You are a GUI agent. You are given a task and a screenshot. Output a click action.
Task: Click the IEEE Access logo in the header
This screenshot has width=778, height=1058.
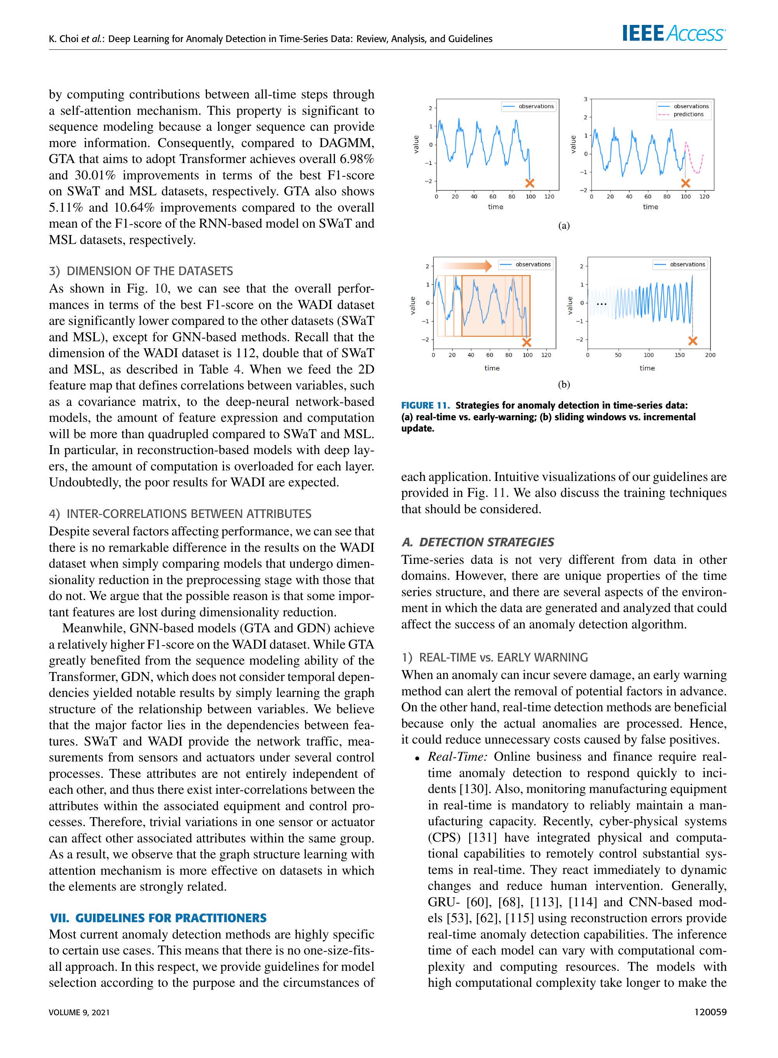673,33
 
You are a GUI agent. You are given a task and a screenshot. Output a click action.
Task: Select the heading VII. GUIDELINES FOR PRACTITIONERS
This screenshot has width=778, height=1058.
158,918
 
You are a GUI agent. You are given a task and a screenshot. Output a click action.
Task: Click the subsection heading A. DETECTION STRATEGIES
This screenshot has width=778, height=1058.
478,542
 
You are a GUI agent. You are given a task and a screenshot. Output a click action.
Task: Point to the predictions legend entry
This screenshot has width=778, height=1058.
688,114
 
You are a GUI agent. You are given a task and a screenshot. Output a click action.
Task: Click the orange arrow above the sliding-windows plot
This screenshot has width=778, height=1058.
466,266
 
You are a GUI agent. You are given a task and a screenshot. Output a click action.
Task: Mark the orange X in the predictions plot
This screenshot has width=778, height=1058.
685,183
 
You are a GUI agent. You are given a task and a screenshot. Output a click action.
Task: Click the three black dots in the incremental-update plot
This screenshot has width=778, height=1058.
601,304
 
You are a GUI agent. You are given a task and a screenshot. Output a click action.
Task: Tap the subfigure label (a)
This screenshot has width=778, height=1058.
564,226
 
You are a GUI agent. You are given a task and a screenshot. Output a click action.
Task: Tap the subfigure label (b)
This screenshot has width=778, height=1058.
564,384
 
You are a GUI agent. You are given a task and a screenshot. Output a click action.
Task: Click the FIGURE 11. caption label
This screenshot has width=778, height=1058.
425,405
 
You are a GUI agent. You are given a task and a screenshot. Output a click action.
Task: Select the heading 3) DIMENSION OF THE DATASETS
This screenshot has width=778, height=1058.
141,271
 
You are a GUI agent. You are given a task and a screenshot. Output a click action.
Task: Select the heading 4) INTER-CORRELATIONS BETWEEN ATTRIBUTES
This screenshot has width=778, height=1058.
180,514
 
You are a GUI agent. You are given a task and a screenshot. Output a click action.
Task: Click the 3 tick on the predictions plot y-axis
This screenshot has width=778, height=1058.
585,99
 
